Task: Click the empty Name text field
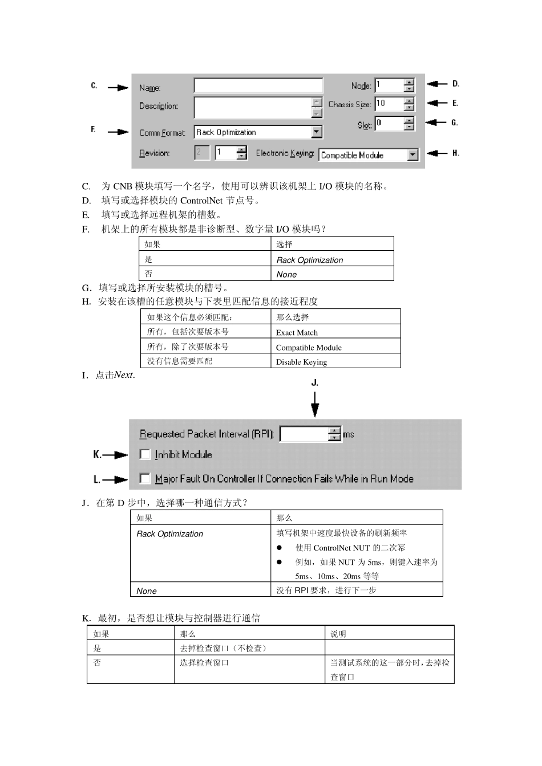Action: click(x=258, y=85)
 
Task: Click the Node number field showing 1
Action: click(x=389, y=85)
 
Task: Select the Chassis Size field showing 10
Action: click(x=389, y=104)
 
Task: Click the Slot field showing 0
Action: click(x=389, y=123)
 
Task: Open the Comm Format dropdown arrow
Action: click(x=317, y=132)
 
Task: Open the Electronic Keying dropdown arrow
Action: click(x=412, y=155)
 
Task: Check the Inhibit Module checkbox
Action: click(x=145, y=454)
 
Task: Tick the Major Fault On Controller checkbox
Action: click(x=145, y=478)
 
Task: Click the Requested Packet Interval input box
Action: click(x=304, y=434)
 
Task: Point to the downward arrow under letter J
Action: click(x=315, y=405)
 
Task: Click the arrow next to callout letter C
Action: click(x=118, y=87)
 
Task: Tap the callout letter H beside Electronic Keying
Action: click(x=455, y=153)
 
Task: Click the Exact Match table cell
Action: click(x=297, y=332)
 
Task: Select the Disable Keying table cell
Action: click(x=301, y=362)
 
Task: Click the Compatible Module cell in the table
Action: click(x=309, y=347)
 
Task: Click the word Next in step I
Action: click(x=123, y=375)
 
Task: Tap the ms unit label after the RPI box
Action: click(x=348, y=434)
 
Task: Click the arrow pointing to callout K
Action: click(x=116, y=455)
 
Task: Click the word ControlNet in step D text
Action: click(x=201, y=201)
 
